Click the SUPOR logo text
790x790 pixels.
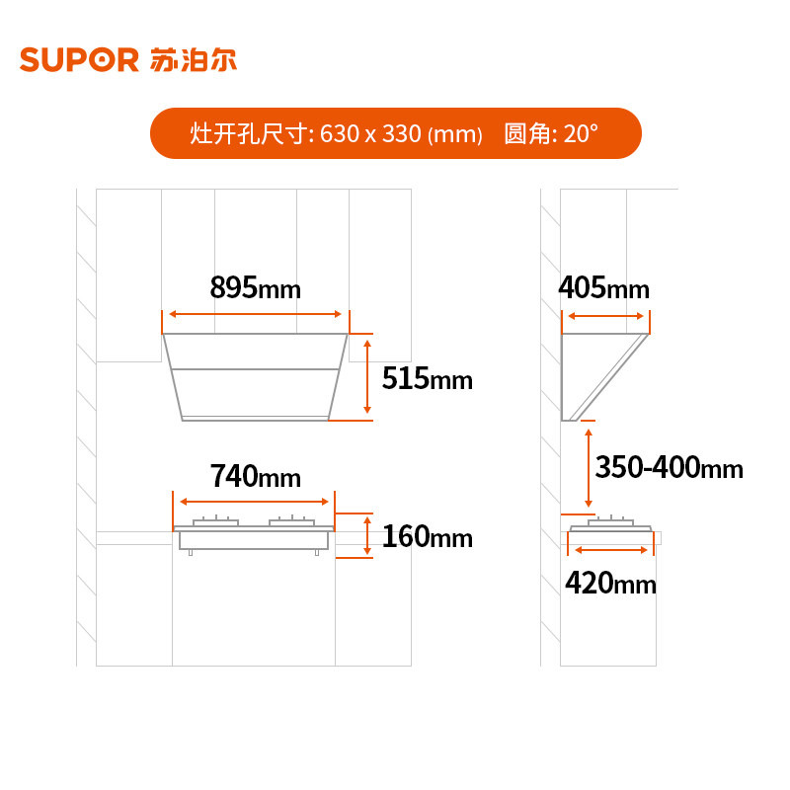pyautogui.click(x=79, y=60)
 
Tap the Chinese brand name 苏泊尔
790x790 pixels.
pyautogui.click(x=195, y=59)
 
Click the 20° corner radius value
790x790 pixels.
pyautogui.click(x=581, y=134)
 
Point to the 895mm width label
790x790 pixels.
pyautogui.click(x=255, y=287)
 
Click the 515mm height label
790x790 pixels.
pyautogui.click(x=428, y=379)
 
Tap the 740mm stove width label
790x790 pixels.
pyautogui.click(x=255, y=476)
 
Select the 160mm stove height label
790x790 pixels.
pyautogui.click(x=427, y=537)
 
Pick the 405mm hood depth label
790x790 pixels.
pyautogui.click(x=603, y=288)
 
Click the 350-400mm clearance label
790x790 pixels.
pyautogui.click(x=670, y=466)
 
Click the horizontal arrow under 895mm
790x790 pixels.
pyautogui.click(x=256, y=314)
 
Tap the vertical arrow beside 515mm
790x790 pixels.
pyautogui.click(x=367, y=376)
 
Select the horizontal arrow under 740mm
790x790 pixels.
pyautogui.click(x=255, y=501)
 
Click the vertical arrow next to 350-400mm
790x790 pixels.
pyautogui.click(x=590, y=467)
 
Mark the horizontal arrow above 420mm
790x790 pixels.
pyautogui.click(x=611, y=550)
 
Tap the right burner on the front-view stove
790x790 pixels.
pyautogui.click(x=293, y=521)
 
